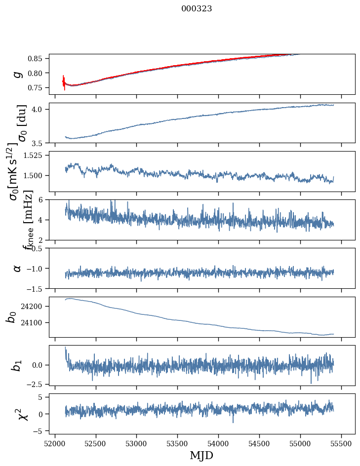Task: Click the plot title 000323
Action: pyautogui.click(x=197, y=9)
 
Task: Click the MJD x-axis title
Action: pyautogui.click(x=201, y=455)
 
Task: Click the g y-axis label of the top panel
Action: pyautogui.click(x=18, y=74)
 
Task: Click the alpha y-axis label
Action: pyautogui.click(x=18, y=268)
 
